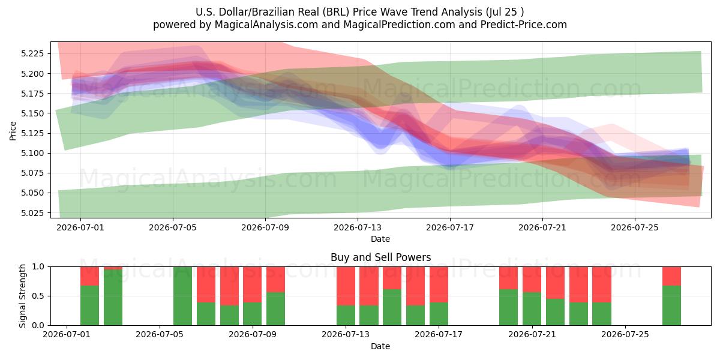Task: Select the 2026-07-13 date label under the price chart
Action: pos(358,227)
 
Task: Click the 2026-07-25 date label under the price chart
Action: pos(635,227)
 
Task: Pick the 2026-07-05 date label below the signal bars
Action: pos(160,335)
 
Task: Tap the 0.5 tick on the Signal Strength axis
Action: pos(38,296)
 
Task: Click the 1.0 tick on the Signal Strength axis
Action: pos(38,267)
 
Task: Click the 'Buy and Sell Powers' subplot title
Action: pos(380,257)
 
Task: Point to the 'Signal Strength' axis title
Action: pos(22,296)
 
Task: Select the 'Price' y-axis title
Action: pos(13,131)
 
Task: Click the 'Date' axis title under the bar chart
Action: pos(380,346)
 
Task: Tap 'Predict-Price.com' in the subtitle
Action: pos(524,25)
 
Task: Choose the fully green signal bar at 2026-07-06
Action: pos(182,296)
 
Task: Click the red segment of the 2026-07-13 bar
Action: pos(346,286)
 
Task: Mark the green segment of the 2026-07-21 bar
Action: pos(532,309)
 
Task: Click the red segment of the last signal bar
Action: pos(671,276)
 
